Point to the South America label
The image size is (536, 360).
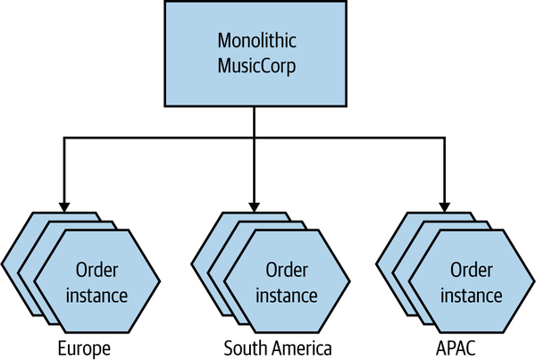tap(278, 347)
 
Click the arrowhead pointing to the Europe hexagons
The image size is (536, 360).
tap(63, 204)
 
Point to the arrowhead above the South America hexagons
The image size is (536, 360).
tap(255, 204)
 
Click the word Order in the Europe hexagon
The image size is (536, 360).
tap(98, 271)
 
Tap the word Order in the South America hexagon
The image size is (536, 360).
tap(287, 271)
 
